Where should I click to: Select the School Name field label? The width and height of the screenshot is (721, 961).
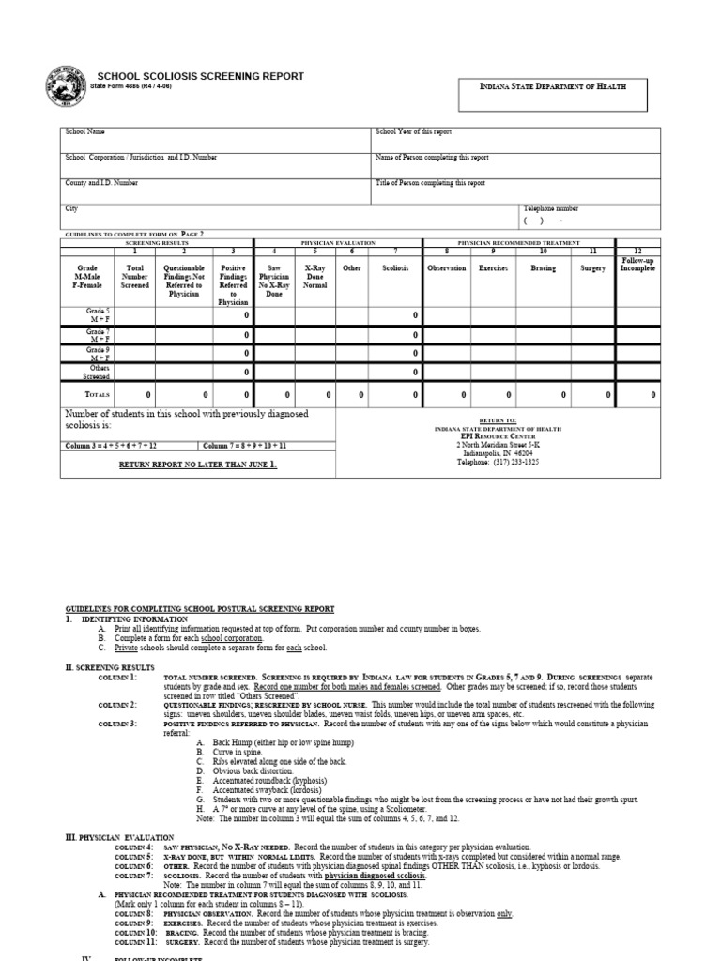point(83,133)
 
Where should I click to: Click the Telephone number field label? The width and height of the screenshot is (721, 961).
point(551,208)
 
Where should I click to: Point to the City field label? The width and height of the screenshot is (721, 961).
point(70,208)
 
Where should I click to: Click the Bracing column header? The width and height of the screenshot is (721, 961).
point(543,267)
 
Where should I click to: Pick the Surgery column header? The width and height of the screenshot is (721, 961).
point(592,267)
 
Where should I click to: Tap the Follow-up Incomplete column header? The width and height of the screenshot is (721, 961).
point(637,263)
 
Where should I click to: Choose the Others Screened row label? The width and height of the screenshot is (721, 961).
point(99,371)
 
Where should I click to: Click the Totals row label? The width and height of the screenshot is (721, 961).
point(99,394)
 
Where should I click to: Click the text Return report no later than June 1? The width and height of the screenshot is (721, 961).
point(197,464)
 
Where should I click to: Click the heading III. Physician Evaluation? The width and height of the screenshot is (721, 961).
point(119,836)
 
